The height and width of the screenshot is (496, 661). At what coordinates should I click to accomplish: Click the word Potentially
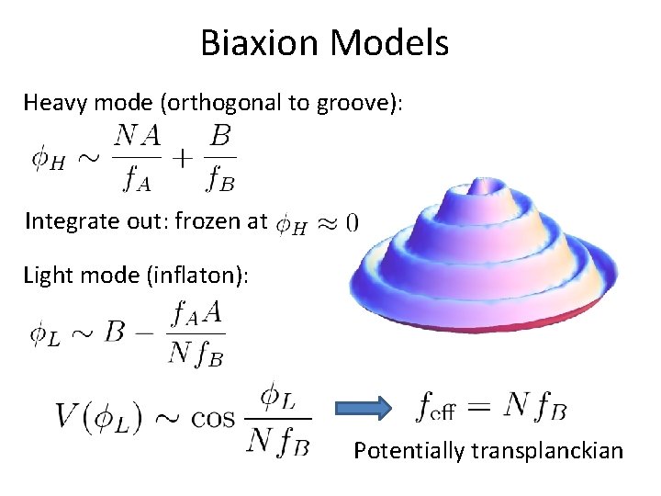click(x=409, y=451)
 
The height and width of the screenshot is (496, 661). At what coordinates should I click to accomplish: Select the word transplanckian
click(x=547, y=451)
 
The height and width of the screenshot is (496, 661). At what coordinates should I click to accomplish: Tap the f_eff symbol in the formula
click(x=437, y=405)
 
